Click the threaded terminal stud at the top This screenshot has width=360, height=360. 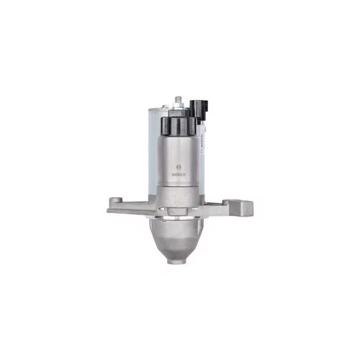click(178, 99)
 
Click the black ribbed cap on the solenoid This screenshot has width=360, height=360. click(178, 127)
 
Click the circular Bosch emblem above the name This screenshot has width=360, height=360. click(179, 167)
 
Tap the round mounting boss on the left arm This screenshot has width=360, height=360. click(116, 199)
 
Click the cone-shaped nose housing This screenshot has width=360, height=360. click(176, 239)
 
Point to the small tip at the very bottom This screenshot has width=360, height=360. click(176, 261)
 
